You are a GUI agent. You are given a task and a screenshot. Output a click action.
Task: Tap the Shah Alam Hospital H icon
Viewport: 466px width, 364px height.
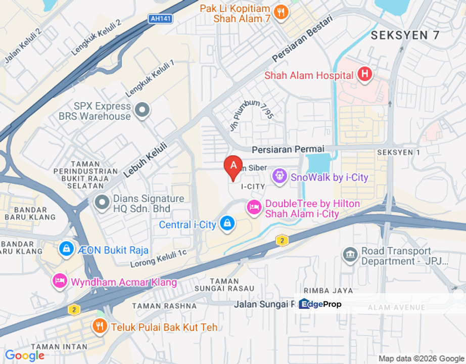pyautogui.click(x=364, y=75)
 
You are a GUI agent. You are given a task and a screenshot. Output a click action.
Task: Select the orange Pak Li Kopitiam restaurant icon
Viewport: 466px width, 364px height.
pyautogui.click(x=281, y=12)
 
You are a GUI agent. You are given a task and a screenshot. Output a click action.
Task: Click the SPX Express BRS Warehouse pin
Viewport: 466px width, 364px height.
pyautogui.click(x=143, y=110)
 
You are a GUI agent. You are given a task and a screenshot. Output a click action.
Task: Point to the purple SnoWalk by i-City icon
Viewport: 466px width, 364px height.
pyautogui.click(x=279, y=176)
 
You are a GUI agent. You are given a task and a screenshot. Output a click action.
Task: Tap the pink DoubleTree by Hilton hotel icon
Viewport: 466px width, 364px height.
pyautogui.click(x=254, y=207)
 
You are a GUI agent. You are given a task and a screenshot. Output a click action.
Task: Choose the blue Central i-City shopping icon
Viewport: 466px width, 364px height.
pyautogui.click(x=227, y=224)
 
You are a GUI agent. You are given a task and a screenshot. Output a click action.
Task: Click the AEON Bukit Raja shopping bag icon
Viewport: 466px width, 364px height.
pyautogui.click(x=66, y=249)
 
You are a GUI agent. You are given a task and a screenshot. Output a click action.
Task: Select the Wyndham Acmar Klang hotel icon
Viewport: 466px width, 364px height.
pyautogui.click(x=60, y=281)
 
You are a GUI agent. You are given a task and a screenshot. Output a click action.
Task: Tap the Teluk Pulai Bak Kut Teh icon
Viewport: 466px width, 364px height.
pyautogui.click(x=100, y=326)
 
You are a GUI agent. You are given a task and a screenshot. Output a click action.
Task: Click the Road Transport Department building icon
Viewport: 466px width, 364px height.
pyautogui.click(x=350, y=255)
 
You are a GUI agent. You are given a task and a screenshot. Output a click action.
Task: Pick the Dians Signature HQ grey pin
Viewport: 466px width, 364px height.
pyautogui.click(x=102, y=203)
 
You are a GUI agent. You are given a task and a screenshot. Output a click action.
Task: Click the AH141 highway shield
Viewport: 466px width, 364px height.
pyautogui.click(x=161, y=19)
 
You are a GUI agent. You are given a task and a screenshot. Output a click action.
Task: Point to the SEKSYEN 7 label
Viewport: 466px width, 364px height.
pyautogui.click(x=405, y=35)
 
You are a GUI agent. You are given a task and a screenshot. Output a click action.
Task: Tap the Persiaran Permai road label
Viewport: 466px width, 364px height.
pyautogui.click(x=288, y=149)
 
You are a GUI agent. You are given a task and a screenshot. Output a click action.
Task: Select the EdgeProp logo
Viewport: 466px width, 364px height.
pyautogui.click(x=320, y=304)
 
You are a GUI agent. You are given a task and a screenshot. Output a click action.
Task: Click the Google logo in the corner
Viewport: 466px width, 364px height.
pyautogui.click(x=24, y=355)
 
